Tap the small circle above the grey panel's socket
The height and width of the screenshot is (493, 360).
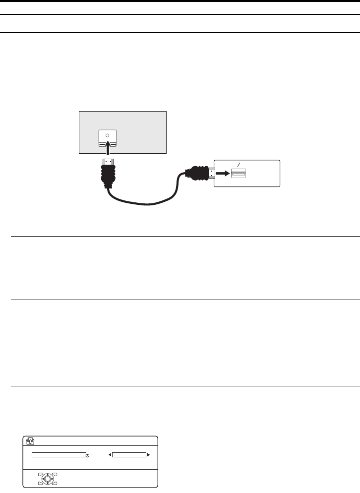(x=108, y=135)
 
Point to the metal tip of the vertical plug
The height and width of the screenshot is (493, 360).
(x=108, y=163)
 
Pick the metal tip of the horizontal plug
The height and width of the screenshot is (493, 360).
(x=211, y=174)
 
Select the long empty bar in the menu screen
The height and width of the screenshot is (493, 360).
(x=59, y=454)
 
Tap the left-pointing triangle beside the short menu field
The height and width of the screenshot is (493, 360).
(x=110, y=454)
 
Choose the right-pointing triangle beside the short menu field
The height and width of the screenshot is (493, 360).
(x=148, y=454)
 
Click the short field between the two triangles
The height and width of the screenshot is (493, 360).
(x=129, y=454)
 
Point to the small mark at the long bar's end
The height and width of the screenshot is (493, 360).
(x=88, y=455)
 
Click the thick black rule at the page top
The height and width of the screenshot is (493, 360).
(x=180, y=1)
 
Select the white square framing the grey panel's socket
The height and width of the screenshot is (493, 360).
(x=108, y=139)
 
